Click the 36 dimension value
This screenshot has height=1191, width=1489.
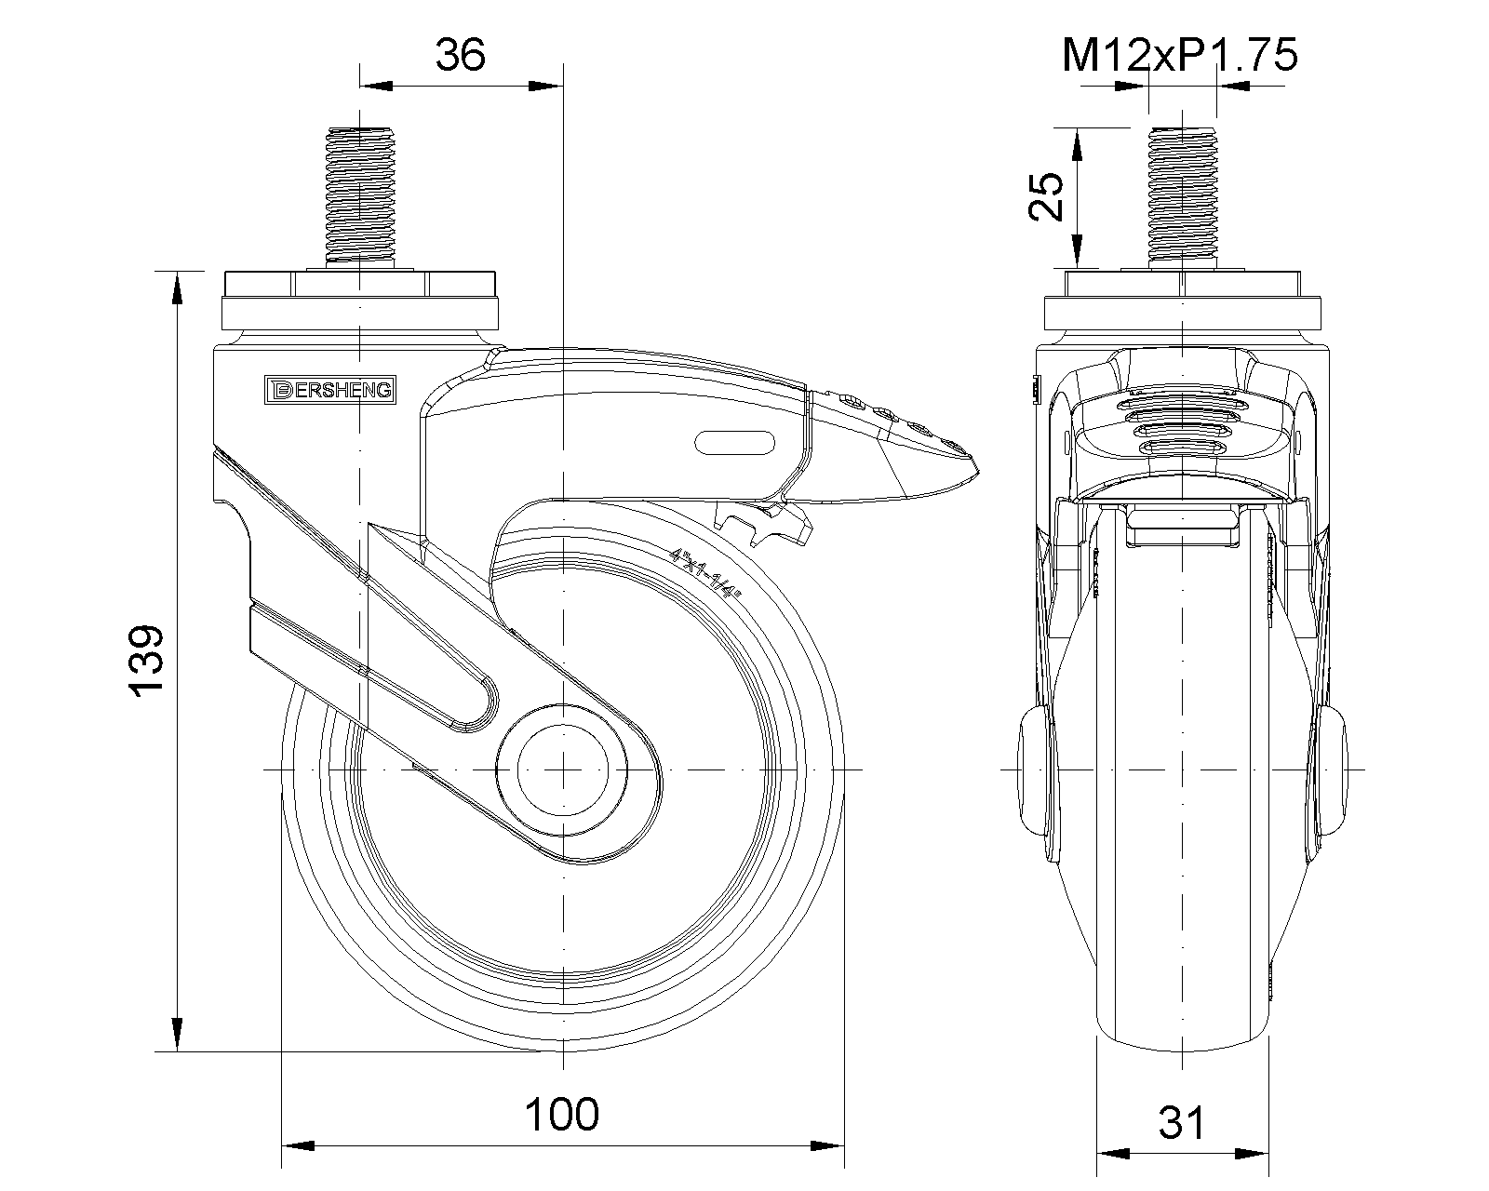pyautogui.click(x=461, y=56)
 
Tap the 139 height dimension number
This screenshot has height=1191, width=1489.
pyautogui.click(x=147, y=661)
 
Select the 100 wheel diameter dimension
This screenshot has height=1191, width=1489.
pyautogui.click(x=562, y=1114)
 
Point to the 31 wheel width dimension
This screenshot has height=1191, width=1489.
pyautogui.click(x=1182, y=1124)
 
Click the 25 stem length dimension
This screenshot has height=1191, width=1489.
pyautogui.click(x=1049, y=195)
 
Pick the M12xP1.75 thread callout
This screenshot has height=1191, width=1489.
pyautogui.click(x=1180, y=57)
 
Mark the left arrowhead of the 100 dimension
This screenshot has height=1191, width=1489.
pyautogui.click(x=296, y=1145)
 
